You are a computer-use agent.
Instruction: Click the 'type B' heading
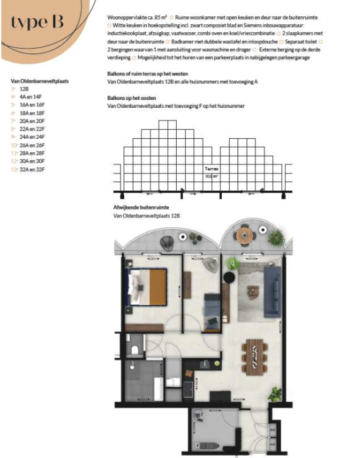coord(37,23)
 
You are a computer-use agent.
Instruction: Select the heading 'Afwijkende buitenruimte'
coord(141,207)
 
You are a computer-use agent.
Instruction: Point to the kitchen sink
coord(206,363)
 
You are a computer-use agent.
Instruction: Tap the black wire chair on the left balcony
coord(166,241)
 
